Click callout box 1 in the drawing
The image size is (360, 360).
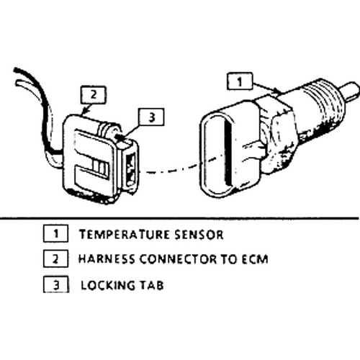point(240,81)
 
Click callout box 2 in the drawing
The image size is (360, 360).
point(94,95)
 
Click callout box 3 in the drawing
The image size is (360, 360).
point(151,117)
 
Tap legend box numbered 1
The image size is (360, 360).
point(55,233)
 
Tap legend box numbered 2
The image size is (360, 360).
point(55,258)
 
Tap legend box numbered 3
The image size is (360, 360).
point(56,284)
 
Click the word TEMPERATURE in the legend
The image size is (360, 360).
point(125,235)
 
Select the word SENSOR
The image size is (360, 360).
point(199,235)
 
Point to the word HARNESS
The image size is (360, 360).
point(107,259)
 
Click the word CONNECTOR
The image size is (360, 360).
point(178,259)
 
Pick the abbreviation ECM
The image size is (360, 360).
point(255,259)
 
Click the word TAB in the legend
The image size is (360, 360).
point(152,285)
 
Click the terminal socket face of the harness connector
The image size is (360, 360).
point(131,169)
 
